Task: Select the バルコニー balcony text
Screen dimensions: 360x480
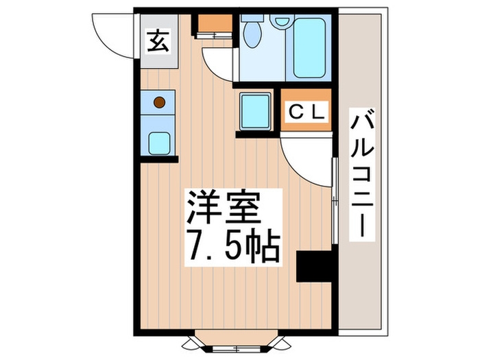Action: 361,174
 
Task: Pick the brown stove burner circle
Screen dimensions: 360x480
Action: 159,103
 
